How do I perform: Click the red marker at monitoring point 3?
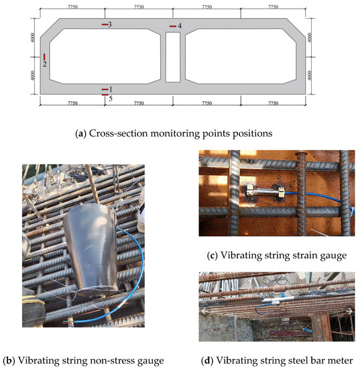[105, 25]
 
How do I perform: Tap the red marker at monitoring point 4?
[172, 27]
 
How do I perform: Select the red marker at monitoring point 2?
[44, 57]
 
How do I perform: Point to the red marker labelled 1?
[105, 89]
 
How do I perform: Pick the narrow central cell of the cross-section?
[173, 57]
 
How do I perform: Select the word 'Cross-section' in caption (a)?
[117, 134]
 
